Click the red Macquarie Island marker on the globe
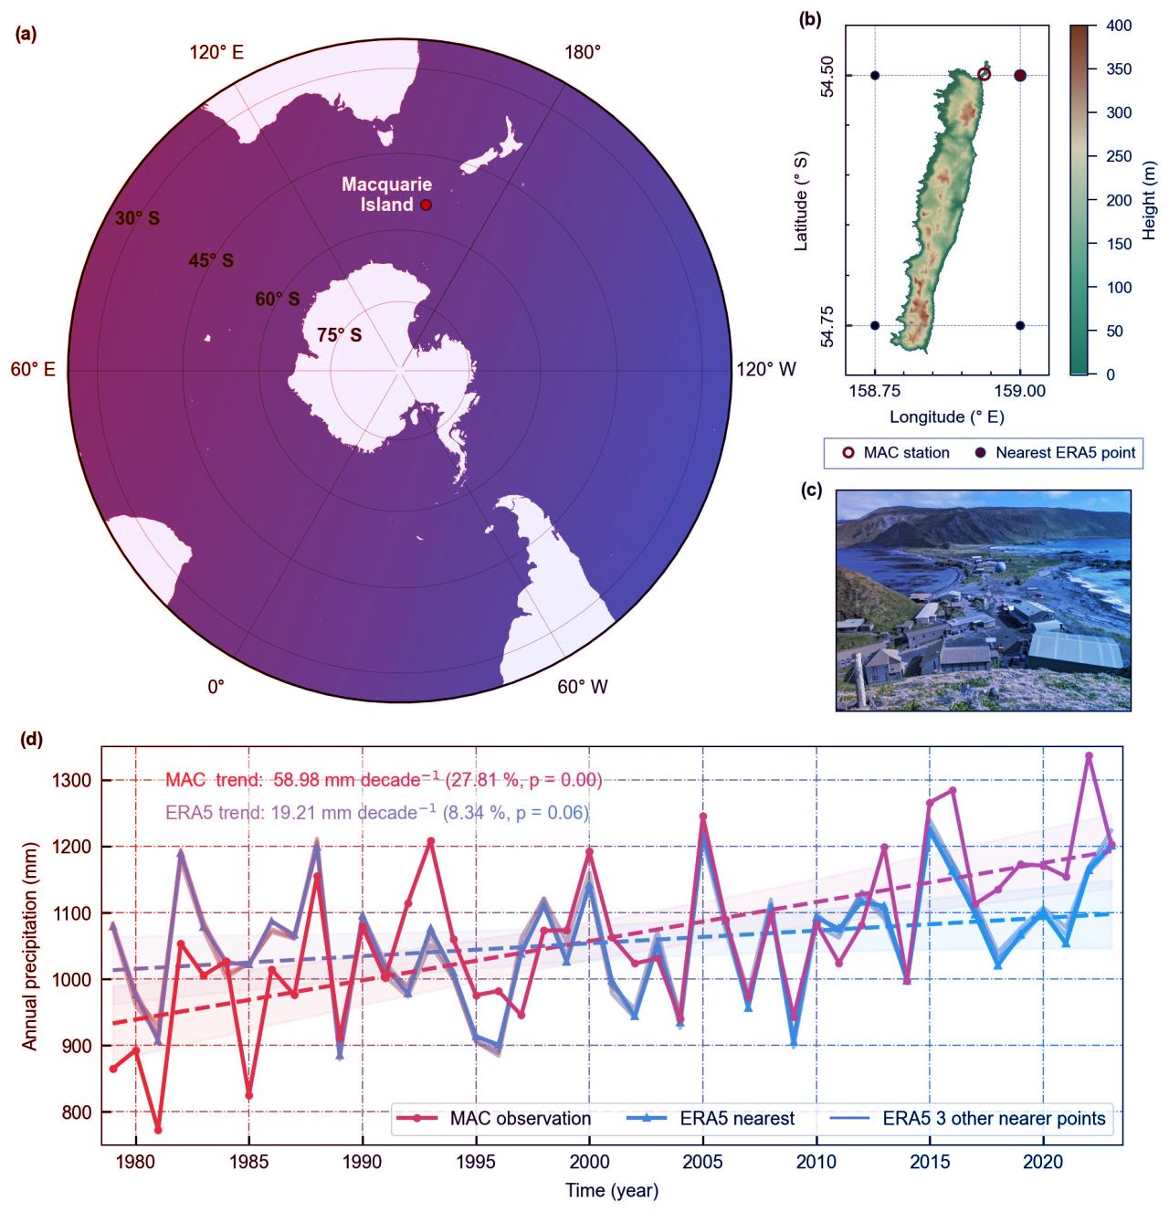(x=426, y=205)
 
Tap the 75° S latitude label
(x=339, y=335)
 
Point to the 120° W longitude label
(x=765, y=369)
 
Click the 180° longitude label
(x=583, y=52)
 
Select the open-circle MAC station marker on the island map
(x=984, y=74)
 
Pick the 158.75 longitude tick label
(x=875, y=391)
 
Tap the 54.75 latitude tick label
(x=827, y=326)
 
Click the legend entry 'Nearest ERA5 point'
(x=1065, y=452)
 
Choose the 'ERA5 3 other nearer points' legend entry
(x=994, y=1119)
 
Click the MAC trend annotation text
(x=384, y=780)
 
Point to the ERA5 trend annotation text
(x=376, y=812)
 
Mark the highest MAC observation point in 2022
(x=1089, y=756)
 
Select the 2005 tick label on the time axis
(x=703, y=1163)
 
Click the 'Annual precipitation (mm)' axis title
(x=30, y=946)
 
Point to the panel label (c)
(x=811, y=490)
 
